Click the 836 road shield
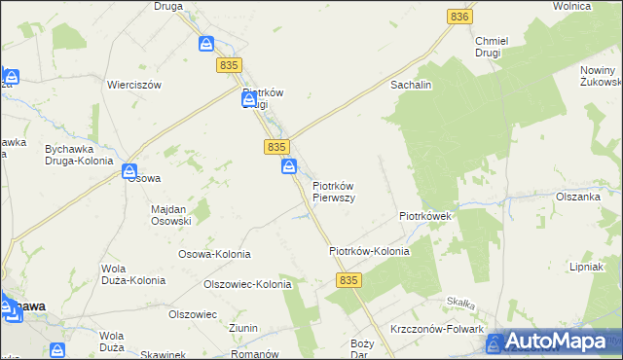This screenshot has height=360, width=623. [460, 17]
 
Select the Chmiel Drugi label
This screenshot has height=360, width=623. [488, 47]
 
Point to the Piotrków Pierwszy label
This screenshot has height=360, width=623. [333, 192]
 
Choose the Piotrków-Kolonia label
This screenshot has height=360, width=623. [369, 251]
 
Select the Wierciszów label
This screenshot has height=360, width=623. [133, 85]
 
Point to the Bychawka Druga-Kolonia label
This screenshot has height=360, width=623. [65, 155]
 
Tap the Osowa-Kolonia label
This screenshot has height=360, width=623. [214, 254]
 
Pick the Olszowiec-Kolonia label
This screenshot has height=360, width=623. [246, 285]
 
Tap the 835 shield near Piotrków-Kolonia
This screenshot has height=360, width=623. [351, 279]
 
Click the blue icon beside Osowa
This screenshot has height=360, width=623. [128, 172]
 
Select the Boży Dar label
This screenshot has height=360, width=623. [362, 349]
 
